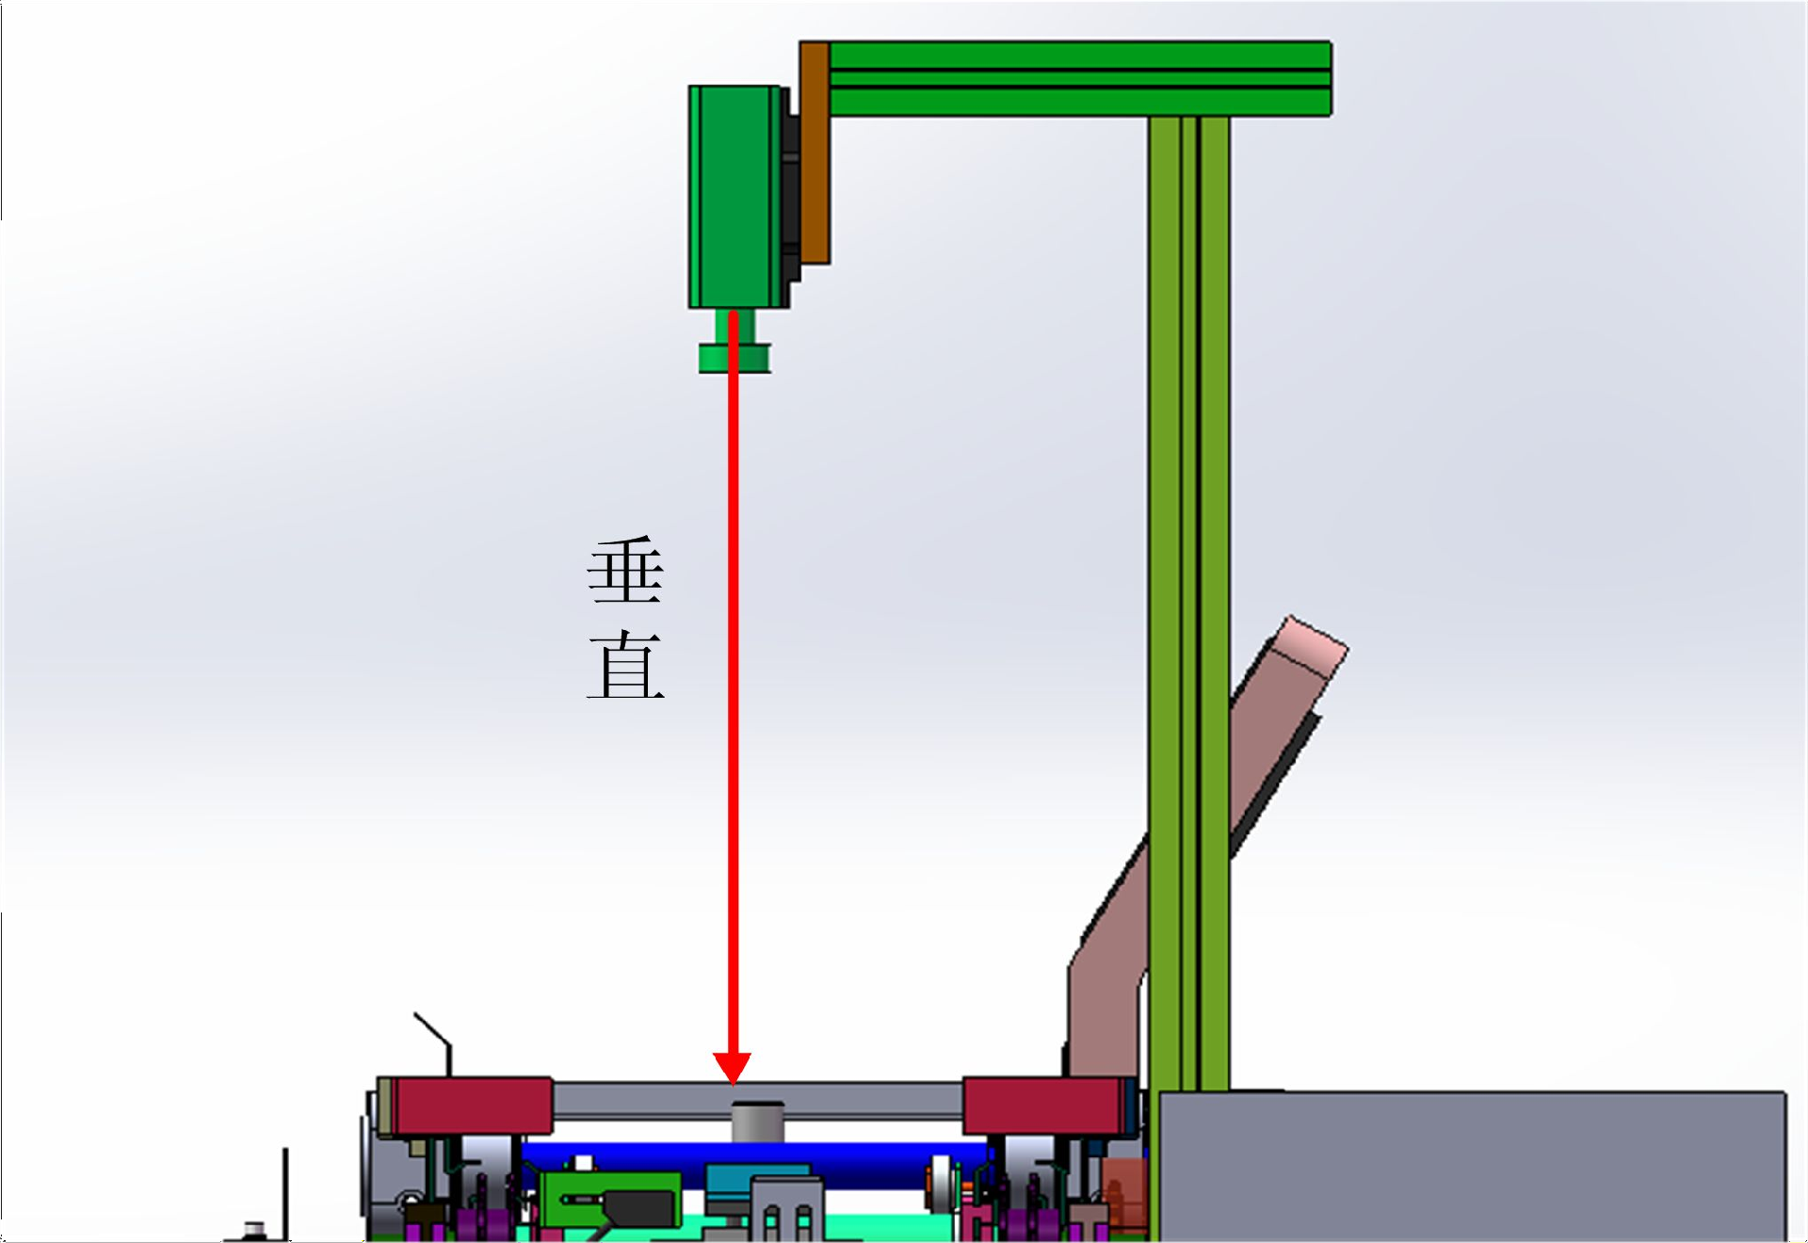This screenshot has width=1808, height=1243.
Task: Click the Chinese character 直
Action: tap(625, 665)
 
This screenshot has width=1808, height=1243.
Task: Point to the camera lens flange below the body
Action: tap(734, 358)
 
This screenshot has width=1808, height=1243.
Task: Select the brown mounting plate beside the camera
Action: tap(815, 153)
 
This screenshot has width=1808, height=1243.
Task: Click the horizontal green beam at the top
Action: tap(1079, 78)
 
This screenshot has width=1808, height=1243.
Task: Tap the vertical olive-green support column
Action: tap(1188, 603)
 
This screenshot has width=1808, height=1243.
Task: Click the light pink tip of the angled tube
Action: tap(1312, 647)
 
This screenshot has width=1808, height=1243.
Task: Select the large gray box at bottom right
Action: tap(1472, 1166)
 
